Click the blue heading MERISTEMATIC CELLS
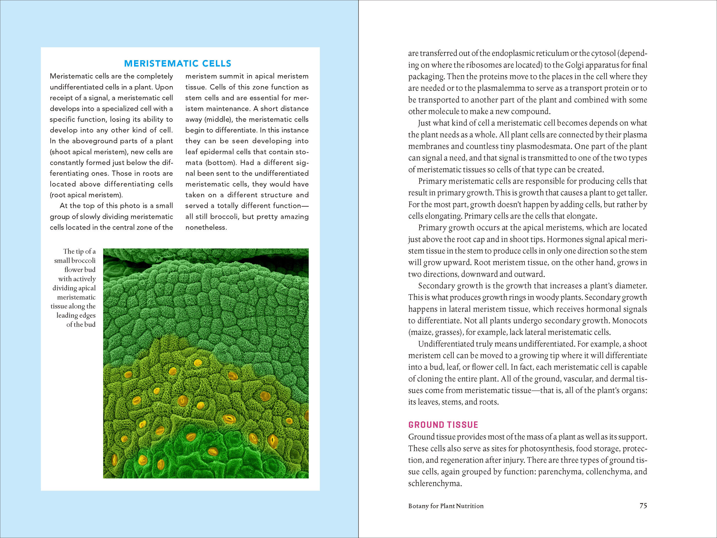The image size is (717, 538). point(178,63)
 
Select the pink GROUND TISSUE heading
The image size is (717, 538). point(443,425)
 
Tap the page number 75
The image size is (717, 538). point(643,505)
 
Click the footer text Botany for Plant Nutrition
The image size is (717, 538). point(446,506)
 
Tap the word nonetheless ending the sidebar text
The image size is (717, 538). point(206,227)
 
